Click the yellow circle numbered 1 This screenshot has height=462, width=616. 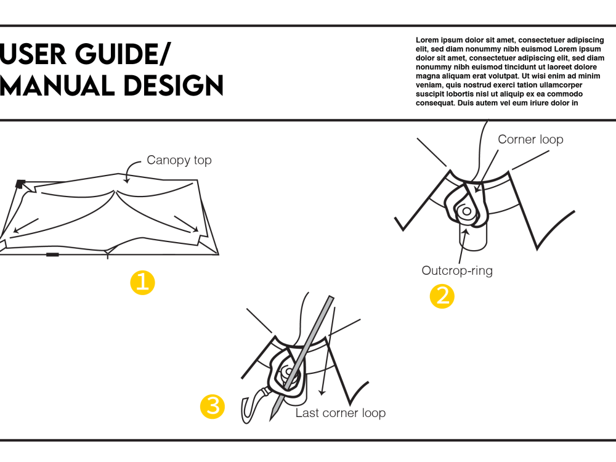coord(142,283)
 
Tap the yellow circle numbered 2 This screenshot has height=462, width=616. coord(442,296)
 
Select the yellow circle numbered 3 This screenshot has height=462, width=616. coord(213,407)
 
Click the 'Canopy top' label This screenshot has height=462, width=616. coord(179,160)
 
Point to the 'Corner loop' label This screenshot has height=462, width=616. coord(530,139)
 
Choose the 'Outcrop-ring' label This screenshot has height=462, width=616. coord(457,270)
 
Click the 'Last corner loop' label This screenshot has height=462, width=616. coord(340,413)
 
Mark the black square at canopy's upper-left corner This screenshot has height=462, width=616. coord(20,183)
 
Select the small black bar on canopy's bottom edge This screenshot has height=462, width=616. coord(52,254)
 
